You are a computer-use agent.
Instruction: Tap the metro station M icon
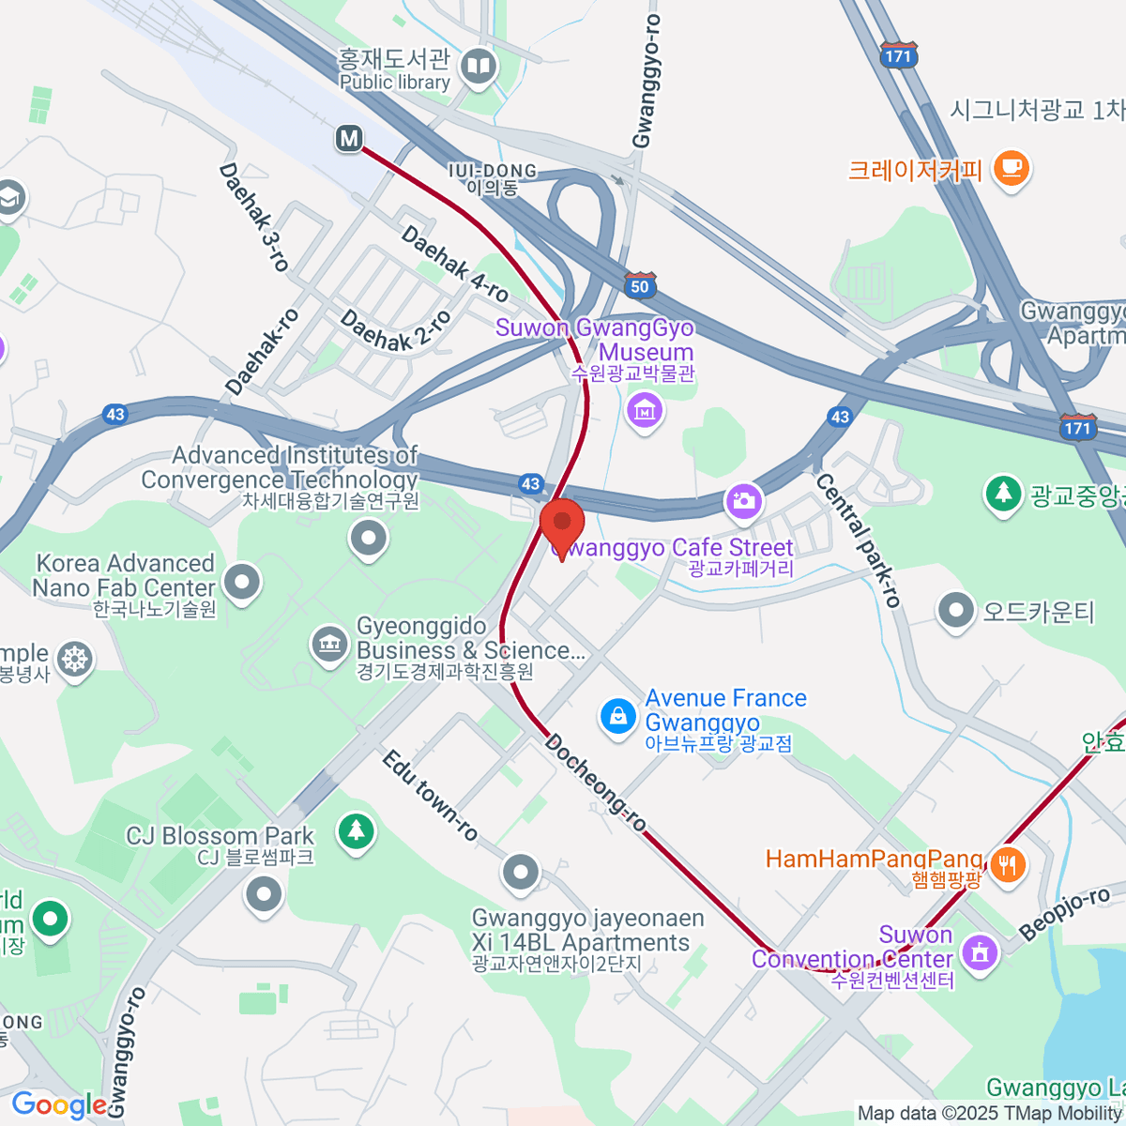(349, 139)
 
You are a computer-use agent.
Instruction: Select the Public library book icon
(479, 67)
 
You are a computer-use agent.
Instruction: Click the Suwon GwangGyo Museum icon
(644, 410)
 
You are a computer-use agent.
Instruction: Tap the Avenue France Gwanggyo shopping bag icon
(617, 717)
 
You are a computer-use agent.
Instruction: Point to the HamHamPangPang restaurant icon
(1007, 864)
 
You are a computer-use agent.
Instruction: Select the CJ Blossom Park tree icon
(356, 830)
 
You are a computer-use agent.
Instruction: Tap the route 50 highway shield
(639, 285)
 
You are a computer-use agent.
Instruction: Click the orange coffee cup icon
(1011, 168)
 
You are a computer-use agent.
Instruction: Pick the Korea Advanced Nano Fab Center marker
(243, 582)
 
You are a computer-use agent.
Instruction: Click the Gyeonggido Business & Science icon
(329, 645)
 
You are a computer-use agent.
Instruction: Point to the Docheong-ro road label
(595, 783)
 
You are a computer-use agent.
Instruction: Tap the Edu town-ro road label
(430, 795)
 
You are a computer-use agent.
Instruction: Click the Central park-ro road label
(858, 539)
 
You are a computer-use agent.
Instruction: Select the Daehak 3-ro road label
(253, 217)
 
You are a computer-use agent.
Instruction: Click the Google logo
(58, 1105)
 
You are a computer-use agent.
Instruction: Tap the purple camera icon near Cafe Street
(744, 500)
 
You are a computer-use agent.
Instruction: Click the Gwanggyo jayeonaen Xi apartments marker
(520, 873)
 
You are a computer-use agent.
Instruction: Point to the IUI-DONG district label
(493, 178)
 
